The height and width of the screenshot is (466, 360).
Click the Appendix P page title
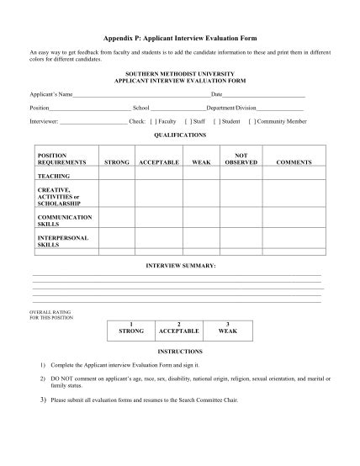180,39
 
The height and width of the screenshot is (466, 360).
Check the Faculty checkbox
153,121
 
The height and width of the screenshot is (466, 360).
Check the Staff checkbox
188,121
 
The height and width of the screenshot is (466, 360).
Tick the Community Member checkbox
253,121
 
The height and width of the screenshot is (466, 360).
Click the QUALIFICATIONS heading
180,135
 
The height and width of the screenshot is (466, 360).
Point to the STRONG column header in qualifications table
115,162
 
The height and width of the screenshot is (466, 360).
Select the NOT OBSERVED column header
241,158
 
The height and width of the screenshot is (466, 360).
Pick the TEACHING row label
54,177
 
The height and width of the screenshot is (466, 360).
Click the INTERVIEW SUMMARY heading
180,265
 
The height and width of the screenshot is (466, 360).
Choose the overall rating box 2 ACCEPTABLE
179,328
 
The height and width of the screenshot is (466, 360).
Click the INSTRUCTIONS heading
180,352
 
